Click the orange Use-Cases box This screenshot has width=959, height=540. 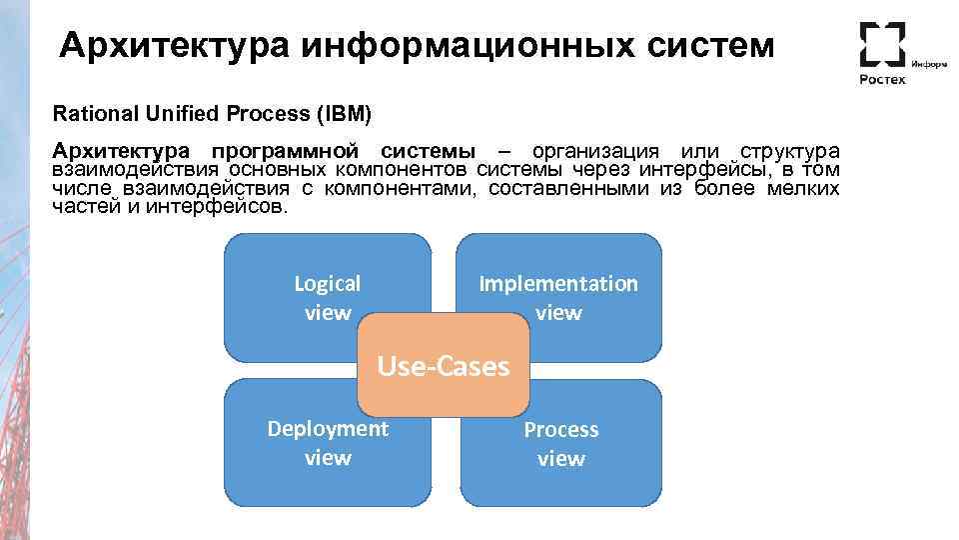443,366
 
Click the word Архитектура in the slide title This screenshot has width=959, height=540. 174,46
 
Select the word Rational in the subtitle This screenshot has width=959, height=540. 91,113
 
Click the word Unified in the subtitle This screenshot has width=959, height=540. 173,113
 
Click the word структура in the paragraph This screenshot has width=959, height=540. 788,151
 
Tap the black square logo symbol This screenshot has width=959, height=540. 882,44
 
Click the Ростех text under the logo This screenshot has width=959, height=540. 883,79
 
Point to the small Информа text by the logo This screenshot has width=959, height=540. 929,62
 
